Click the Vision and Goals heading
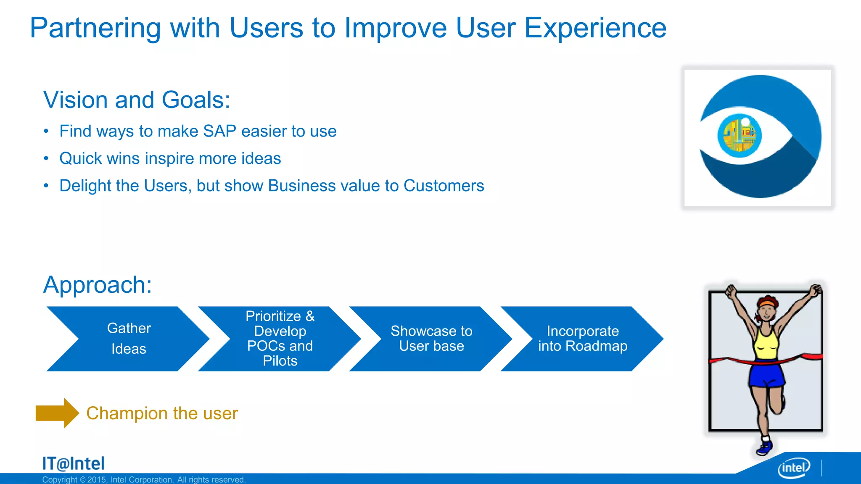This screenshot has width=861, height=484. click(x=137, y=100)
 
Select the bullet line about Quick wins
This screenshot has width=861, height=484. click(x=170, y=159)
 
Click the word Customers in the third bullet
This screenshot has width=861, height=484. click(x=444, y=186)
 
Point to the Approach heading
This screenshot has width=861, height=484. click(x=98, y=285)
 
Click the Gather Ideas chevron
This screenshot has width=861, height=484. click(x=129, y=339)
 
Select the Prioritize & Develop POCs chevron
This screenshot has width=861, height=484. click(x=280, y=339)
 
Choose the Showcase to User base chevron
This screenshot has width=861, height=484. click(x=431, y=339)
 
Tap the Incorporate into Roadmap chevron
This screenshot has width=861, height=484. click(x=583, y=339)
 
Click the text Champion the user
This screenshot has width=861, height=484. click(x=162, y=413)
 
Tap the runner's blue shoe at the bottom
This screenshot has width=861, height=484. click(x=765, y=448)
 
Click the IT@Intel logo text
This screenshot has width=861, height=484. click(x=74, y=464)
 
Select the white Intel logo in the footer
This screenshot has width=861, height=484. click(x=794, y=468)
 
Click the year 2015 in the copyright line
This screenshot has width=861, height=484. click(x=97, y=480)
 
